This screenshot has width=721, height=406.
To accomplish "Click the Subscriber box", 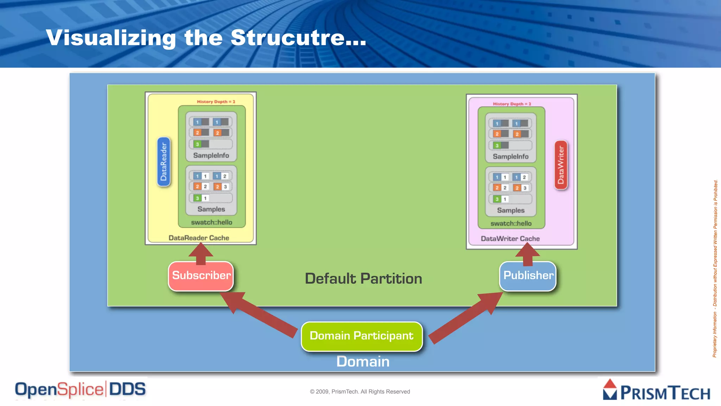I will point(201,276).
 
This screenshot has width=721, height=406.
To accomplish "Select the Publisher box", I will point(528,276).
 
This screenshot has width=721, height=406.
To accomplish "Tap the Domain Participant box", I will point(362,336).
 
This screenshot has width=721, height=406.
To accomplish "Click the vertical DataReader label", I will point(164,162).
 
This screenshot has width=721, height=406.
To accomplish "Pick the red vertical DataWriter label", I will point(561,165).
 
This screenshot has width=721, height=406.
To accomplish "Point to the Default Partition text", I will point(363,279).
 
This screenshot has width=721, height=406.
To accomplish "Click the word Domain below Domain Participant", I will point(363,362).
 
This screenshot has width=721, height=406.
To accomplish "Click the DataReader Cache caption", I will point(199,238).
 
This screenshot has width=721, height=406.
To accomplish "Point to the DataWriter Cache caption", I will point(510,239).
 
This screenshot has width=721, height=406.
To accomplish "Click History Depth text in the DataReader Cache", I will point(216,102).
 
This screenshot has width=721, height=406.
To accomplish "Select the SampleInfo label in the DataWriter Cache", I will point(510,156).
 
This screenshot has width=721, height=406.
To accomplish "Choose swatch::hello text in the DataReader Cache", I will point(212,222).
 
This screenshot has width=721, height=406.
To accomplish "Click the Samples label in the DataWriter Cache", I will point(510,210).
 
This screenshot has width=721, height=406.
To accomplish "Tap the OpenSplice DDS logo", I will point(80,390).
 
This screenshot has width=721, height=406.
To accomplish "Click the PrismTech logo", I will point(657,390).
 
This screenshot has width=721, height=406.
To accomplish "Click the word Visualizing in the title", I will point(111,38).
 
